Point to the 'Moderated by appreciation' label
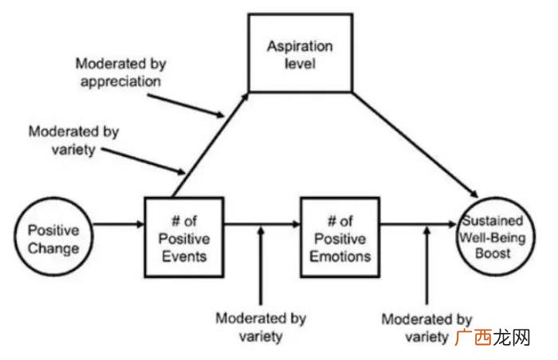120,72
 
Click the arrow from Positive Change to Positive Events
118,224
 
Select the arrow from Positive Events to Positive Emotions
262,224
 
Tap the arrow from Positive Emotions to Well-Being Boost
418,224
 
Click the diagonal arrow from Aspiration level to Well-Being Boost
415,145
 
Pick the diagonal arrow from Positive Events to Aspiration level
210,145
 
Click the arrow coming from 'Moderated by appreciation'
186,105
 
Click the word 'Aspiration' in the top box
300,47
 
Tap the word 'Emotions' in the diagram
340,256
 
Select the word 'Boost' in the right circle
493,253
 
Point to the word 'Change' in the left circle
53,248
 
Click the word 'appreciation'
120,82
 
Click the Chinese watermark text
493,338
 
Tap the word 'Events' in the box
184,256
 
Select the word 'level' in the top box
300,64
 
